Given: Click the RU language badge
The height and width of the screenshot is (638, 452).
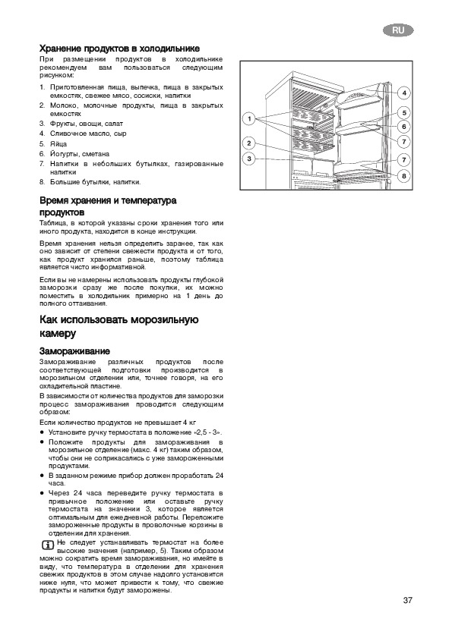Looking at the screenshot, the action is tap(398, 30).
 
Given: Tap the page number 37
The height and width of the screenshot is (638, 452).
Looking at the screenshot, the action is tap(407, 600).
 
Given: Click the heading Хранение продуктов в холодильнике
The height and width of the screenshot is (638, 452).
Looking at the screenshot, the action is tap(119, 49).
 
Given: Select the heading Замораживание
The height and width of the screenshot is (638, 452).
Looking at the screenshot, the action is tap(74, 351).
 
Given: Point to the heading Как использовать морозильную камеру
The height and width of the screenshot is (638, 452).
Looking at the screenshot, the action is tap(119, 326).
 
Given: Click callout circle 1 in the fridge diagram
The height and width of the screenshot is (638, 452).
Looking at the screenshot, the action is tap(249, 119).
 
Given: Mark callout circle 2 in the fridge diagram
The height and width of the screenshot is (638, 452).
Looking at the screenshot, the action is tap(249, 143).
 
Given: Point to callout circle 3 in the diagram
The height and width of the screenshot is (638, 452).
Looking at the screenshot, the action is tap(249, 159).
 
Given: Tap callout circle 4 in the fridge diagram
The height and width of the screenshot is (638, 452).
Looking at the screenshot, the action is tap(404, 93).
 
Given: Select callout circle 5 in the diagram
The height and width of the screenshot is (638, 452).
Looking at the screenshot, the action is tap(404, 113).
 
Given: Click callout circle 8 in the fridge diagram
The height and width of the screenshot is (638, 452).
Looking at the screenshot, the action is tap(404, 176).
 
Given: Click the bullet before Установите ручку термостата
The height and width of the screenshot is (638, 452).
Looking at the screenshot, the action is tap(42, 432).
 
